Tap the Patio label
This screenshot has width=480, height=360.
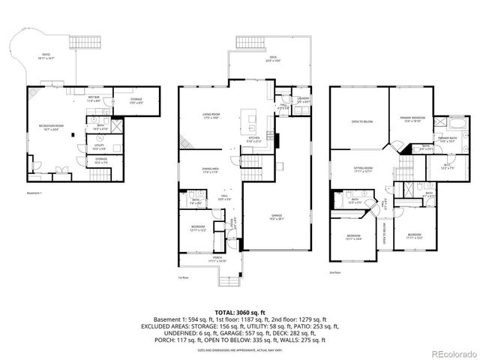48,56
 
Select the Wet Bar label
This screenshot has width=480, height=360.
94,98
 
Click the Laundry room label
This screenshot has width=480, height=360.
304,99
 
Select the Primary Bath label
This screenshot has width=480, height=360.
449,138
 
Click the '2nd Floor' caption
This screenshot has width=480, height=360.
336,272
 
